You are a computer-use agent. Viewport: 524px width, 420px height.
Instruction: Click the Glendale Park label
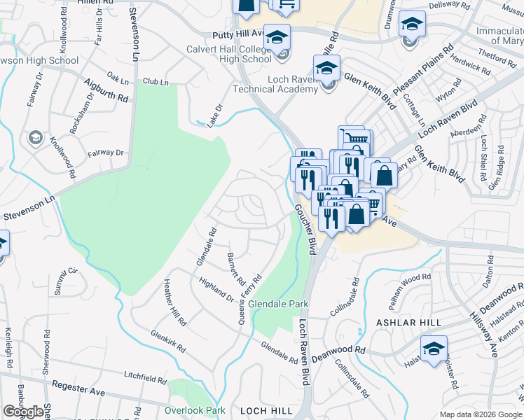point(278,305)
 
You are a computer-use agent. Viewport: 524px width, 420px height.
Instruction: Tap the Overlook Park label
point(195,410)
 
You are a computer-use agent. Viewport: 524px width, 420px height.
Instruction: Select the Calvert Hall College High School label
point(229,54)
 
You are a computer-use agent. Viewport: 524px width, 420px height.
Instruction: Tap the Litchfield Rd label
point(145,377)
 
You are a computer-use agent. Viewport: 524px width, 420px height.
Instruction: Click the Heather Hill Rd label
point(175,303)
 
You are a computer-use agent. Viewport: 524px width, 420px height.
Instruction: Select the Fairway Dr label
point(105,153)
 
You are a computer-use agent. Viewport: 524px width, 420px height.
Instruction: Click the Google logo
point(22,412)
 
